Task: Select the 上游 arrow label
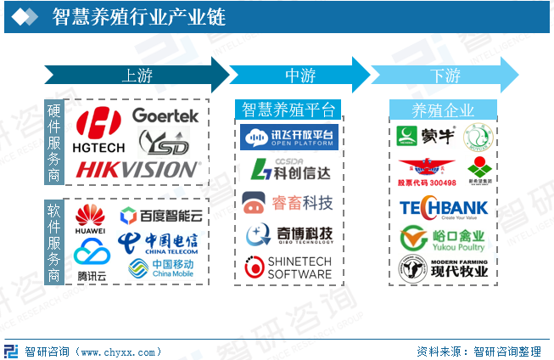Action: click(137, 75)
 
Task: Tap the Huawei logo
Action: click(90, 219)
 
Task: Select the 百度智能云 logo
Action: click(160, 216)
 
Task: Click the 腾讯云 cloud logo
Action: click(92, 258)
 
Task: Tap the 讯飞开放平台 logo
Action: click(288, 136)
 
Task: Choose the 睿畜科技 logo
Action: click(288, 202)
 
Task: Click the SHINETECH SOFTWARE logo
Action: click(288, 267)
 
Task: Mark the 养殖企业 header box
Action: click(443, 110)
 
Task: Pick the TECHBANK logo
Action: click(443, 208)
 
